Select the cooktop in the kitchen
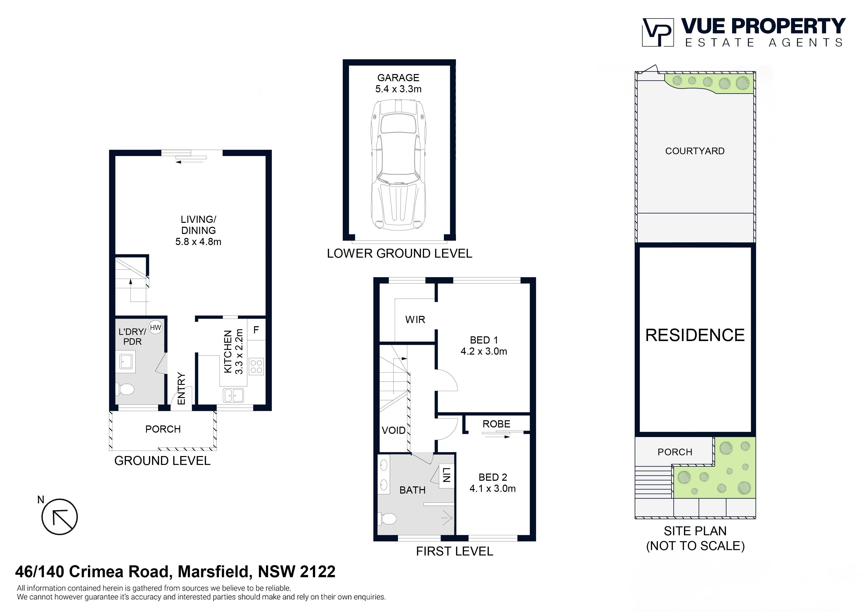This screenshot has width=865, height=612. coord(256,366)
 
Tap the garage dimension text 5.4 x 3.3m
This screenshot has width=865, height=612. coord(398,89)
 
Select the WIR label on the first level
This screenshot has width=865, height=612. coord(415,320)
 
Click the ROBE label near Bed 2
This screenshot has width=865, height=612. coord(496,424)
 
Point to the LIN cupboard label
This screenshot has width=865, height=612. coord(447,475)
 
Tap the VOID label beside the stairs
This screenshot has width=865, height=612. coord(393,430)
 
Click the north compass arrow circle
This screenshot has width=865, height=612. coord(59,516)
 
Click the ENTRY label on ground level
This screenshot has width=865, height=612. coord(181,388)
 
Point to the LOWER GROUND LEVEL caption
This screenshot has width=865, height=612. coord(399,253)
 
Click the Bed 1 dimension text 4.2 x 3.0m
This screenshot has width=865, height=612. coord(484,351)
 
